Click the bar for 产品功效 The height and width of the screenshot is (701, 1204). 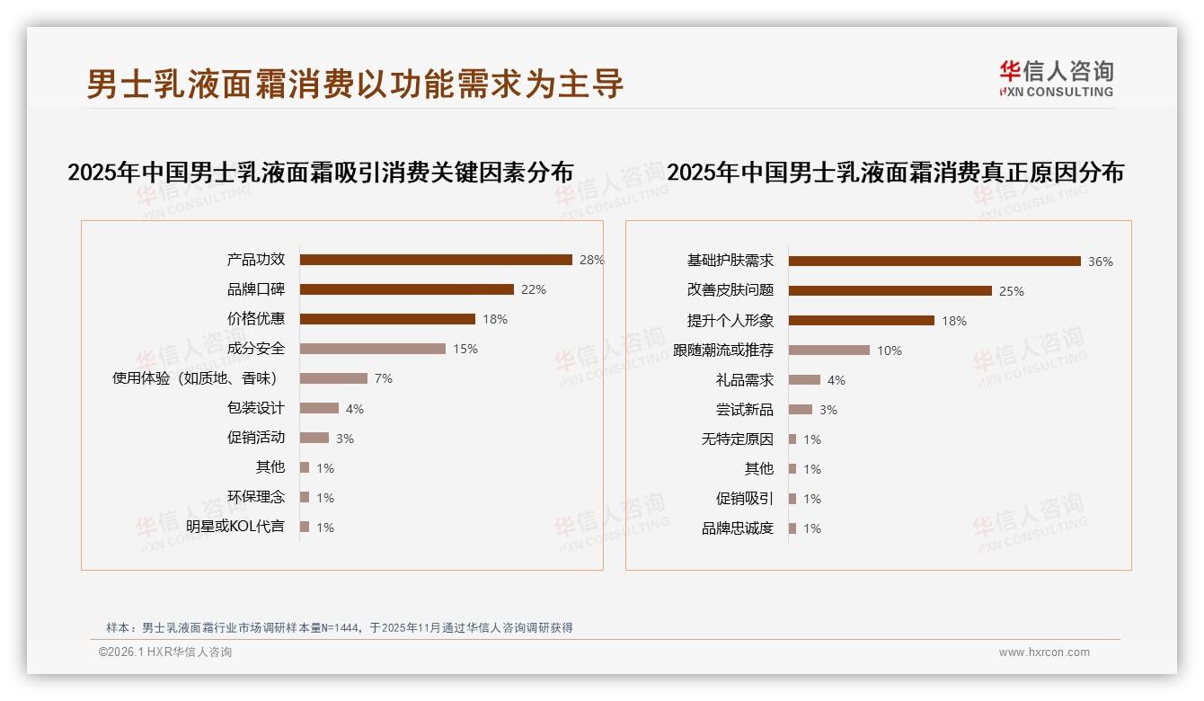point(436,260)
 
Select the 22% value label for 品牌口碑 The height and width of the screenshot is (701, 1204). point(534,289)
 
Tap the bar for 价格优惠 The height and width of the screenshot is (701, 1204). point(387,319)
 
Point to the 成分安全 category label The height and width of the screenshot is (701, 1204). point(256,349)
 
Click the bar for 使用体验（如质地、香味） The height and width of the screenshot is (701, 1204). point(333,378)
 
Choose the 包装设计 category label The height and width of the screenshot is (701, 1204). point(256,408)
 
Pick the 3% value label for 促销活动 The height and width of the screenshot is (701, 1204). point(345,439)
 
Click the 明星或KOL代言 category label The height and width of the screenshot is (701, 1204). point(235,527)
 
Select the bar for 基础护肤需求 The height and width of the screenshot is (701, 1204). point(934,262)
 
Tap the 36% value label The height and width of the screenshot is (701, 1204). point(1101,262)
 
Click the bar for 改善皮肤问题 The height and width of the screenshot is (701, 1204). point(890,291)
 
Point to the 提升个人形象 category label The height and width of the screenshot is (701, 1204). point(730,321)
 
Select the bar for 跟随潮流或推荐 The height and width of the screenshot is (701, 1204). point(829,350)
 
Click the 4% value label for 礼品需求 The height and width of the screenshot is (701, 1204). point(837,380)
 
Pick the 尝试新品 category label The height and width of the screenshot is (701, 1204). point(745,410)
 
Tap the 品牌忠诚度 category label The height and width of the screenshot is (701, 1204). point(738,528)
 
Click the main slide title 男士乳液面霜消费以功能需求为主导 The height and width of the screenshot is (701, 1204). point(355,84)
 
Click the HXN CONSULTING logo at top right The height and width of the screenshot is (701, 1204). point(1056,79)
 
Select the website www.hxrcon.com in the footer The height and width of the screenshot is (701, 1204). point(1044,652)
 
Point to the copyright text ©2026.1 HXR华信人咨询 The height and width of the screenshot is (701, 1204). point(165,652)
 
